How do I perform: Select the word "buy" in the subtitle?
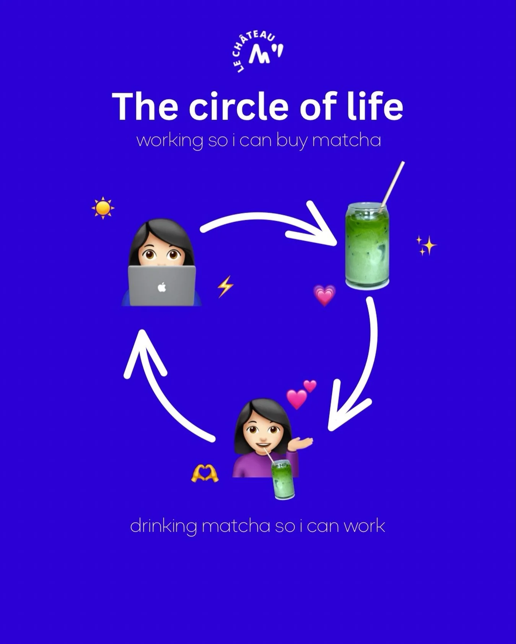(x=291, y=141)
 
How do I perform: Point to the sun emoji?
(x=103, y=208)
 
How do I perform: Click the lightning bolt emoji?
(x=225, y=287)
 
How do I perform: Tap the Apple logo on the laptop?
(x=162, y=287)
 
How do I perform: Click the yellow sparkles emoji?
(x=426, y=245)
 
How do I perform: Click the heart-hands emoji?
(x=205, y=473)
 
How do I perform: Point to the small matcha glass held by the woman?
(x=283, y=480)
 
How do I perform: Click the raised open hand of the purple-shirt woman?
(x=303, y=443)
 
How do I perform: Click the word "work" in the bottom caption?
(x=364, y=526)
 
